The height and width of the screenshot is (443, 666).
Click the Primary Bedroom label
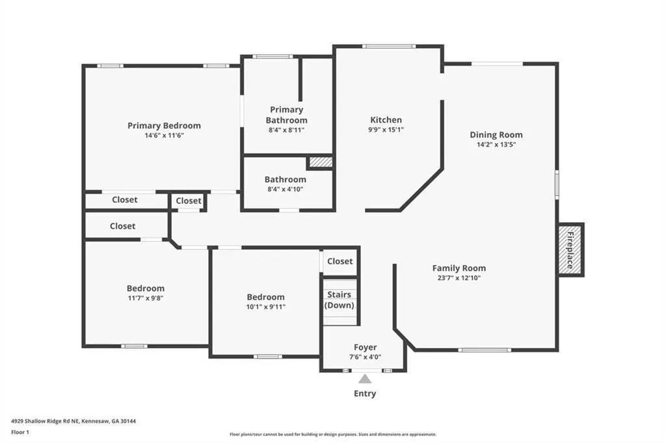click(164, 125)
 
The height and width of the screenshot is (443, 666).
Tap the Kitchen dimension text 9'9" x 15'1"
click(386, 130)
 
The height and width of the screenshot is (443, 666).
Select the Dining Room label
click(496, 135)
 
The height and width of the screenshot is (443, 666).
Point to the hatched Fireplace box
click(571, 250)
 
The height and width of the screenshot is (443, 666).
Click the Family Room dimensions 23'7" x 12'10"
click(459, 279)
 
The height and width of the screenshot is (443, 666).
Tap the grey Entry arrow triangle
click(365, 379)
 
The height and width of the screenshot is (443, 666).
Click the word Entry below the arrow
click(365, 394)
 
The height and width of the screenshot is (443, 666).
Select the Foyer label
click(366, 348)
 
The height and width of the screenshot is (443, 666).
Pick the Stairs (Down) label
click(339, 299)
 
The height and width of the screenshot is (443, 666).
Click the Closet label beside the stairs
click(340, 261)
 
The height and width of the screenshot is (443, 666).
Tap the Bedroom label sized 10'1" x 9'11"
click(266, 297)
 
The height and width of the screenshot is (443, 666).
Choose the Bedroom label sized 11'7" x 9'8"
click(146, 288)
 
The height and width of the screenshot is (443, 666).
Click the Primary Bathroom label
click(287, 114)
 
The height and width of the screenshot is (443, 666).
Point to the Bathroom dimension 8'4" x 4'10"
click(286, 189)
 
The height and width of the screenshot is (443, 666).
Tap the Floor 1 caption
click(20, 433)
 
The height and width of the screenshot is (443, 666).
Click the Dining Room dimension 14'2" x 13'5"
click(496, 145)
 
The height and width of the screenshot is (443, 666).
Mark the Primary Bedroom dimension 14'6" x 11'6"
click(164, 136)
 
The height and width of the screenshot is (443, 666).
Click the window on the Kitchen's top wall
click(389, 46)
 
